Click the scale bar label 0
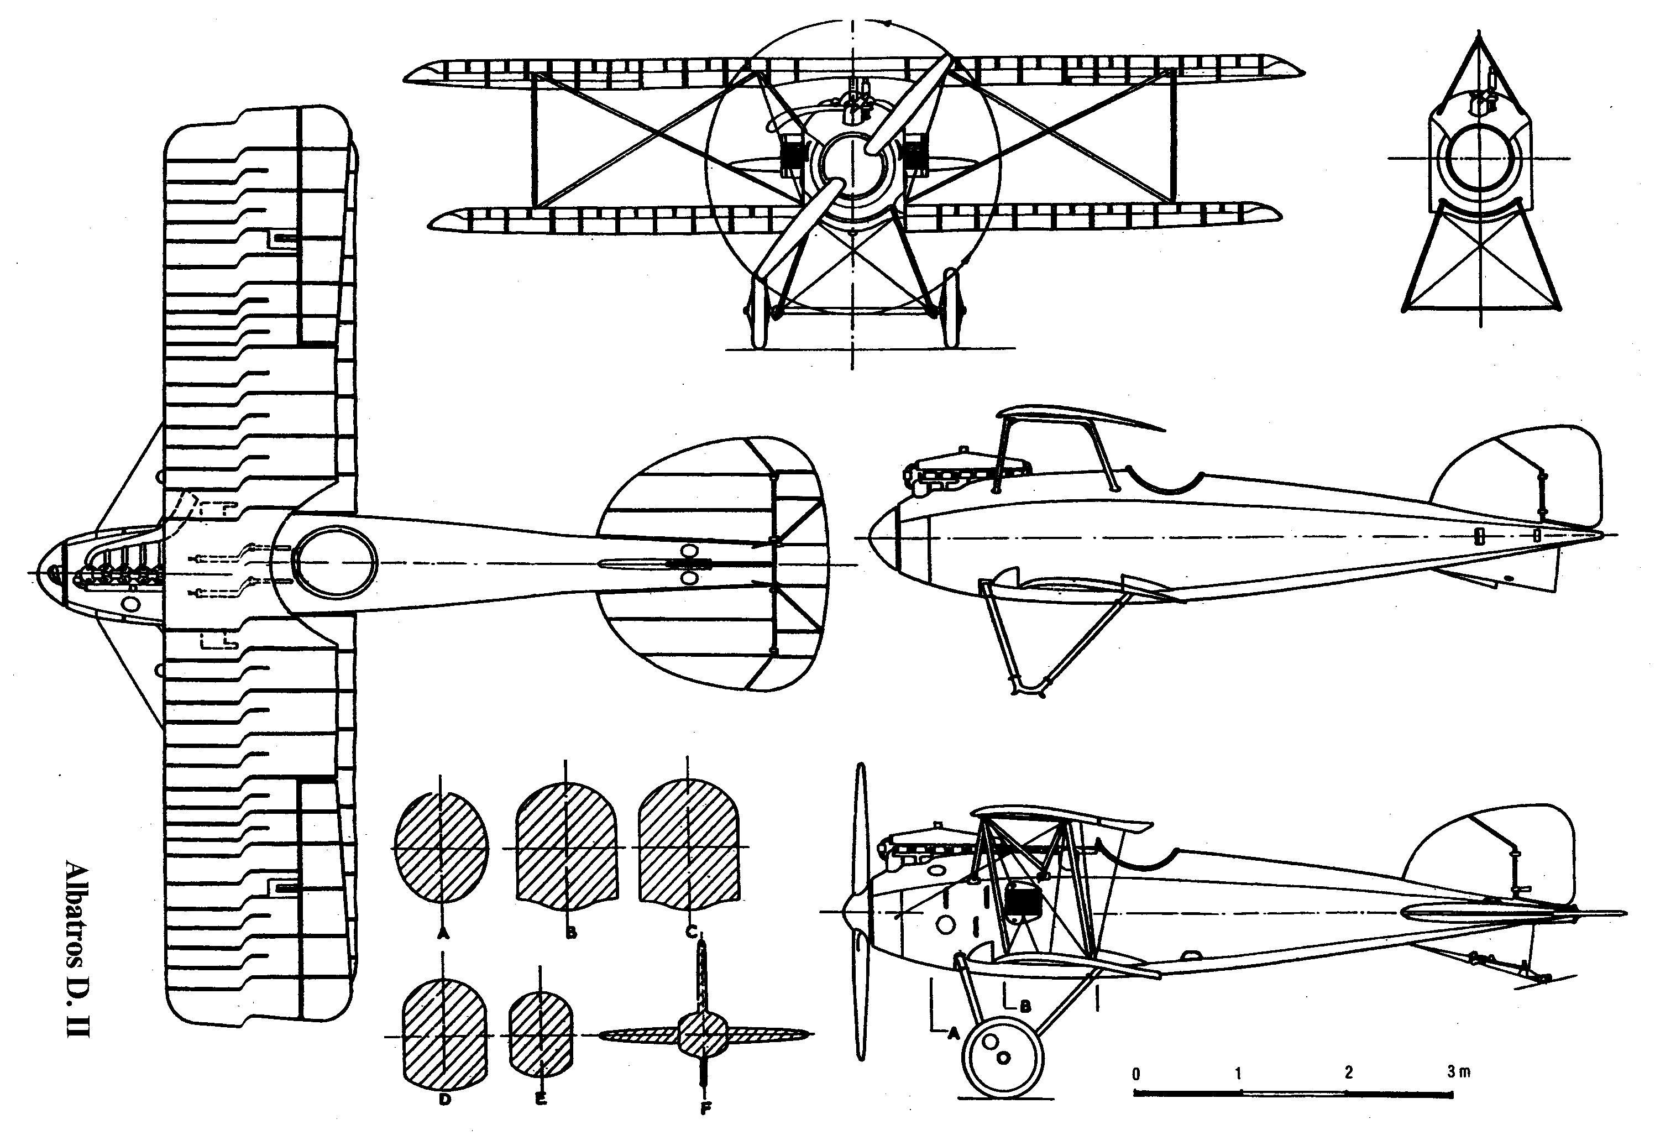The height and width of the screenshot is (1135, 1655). point(1136,1073)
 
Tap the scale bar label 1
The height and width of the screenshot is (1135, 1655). point(1239,1073)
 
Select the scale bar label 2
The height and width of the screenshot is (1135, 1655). point(1348,1073)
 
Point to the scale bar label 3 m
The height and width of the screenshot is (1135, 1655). point(1458,1071)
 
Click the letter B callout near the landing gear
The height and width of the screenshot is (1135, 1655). point(1025,1006)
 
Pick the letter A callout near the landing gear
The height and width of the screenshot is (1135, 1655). point(950,1034)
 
